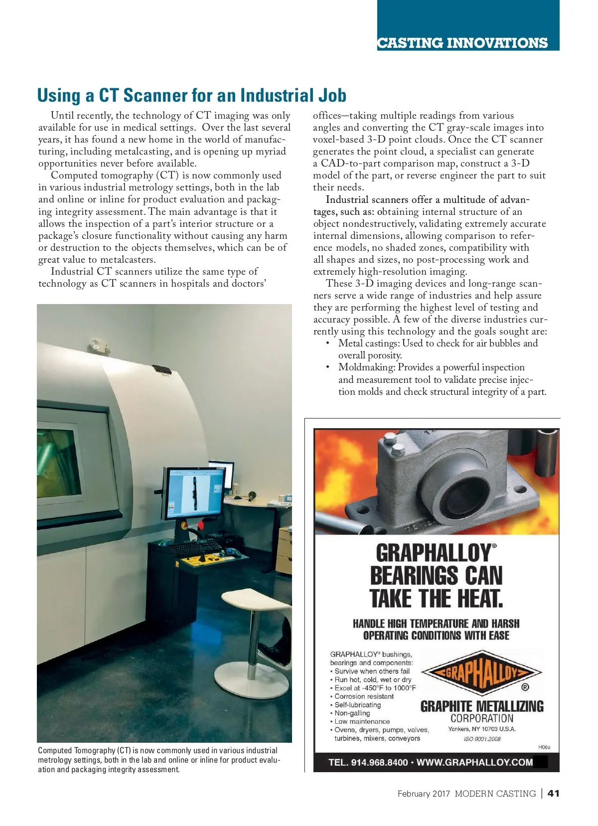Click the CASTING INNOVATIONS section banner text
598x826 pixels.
click(462, 43)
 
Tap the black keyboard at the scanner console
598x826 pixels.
click(195, 546)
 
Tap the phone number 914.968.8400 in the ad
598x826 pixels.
click(379, 763)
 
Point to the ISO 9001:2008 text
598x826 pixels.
click(482, 739)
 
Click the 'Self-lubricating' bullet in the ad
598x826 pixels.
click(357, 705)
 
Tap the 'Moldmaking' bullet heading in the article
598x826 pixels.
click(366, 367)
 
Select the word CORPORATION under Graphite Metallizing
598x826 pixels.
click(482, 718)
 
